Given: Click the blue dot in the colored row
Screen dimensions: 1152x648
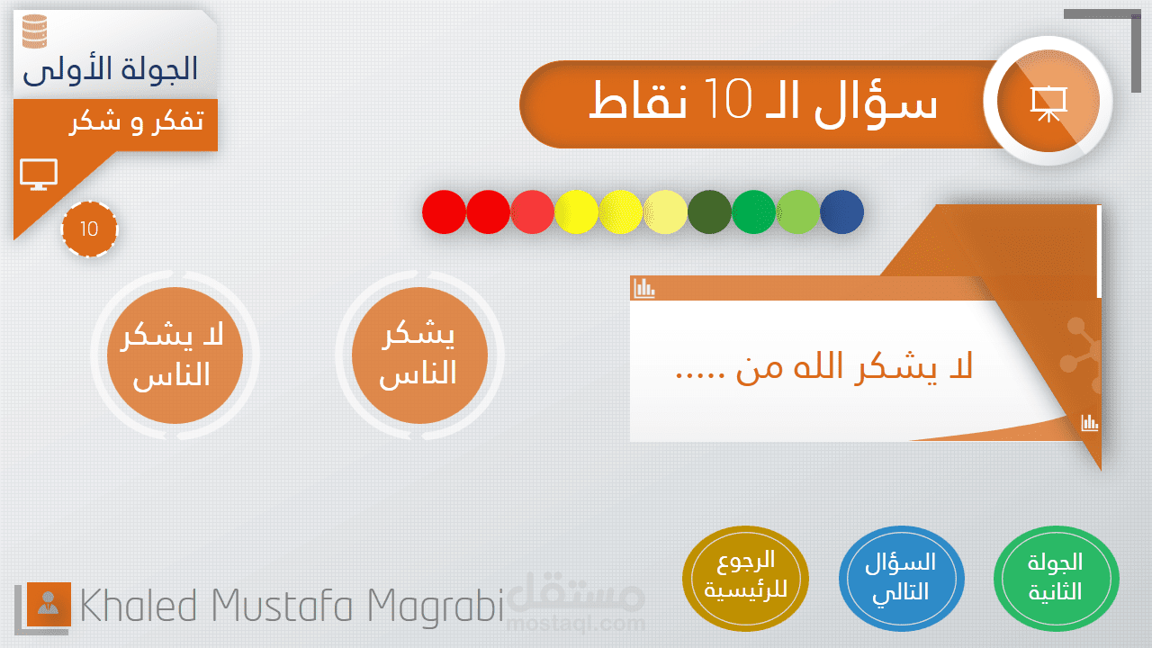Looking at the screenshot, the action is [x=841, y=211].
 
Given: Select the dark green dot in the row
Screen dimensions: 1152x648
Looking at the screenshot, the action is [x=709, y=211].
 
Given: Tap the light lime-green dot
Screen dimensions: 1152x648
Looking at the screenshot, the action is [x=797, y=211].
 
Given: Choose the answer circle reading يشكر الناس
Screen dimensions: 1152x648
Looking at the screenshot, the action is [x=419, y=355].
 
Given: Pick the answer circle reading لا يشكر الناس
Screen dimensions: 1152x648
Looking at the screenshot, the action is [x=175, y=355].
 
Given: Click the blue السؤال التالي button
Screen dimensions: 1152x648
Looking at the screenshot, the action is [x=902, y=578].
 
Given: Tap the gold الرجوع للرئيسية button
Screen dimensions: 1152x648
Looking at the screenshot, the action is [x=745, y=578].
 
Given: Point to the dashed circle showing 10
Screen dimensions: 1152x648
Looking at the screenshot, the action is [x=89, y=229].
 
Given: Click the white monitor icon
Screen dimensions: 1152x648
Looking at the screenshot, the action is [x=39, y=175].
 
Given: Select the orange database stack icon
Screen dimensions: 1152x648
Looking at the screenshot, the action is [x=35, y=31].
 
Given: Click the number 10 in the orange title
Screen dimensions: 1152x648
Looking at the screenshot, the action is [x=728, y=99].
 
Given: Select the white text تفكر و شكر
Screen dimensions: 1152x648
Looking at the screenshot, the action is [x=137, y=122].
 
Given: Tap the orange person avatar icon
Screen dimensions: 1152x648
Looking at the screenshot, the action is [x=49, y=604].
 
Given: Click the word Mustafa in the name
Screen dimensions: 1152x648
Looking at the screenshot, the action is [x=282, y=606].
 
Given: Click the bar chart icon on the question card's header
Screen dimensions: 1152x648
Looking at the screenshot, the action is [x=644, y=289].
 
